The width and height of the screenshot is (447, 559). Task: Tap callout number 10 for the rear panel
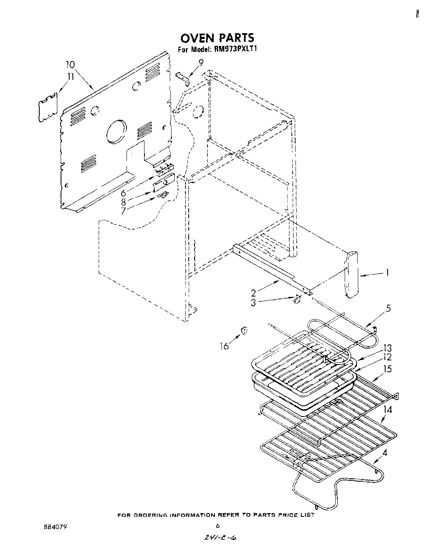point(70,64)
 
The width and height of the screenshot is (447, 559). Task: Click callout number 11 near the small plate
point(70,76)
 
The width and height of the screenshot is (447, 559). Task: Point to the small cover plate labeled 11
point(47,107)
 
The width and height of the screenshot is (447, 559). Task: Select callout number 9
point(201,62)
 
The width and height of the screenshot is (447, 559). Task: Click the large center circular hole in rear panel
point(117,132)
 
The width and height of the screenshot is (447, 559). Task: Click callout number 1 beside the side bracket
point(388,272)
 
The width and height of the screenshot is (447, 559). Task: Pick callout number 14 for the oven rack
point(388,410)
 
